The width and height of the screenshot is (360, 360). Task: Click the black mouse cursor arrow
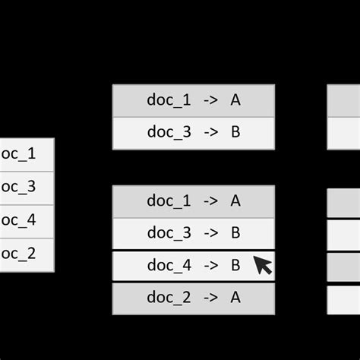[x=262, y=265]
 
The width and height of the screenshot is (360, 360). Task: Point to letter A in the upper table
[x=235, y=100]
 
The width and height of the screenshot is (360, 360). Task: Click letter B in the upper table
[x=235, y=133]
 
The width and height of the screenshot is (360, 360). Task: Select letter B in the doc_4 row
[x=235, y=265]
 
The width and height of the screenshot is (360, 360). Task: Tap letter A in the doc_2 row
[x=235, y=298]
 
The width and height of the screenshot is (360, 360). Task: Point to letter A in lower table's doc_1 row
[x=235, y=201]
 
